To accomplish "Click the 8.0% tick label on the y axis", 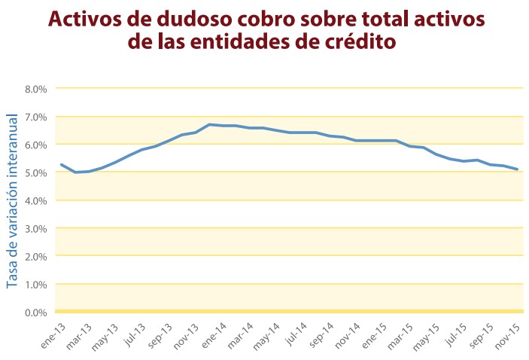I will coord(36,89).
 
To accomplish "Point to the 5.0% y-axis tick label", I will coord(36,172).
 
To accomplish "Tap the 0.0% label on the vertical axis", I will coord(36,312).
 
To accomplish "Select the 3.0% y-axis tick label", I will coord(36,228).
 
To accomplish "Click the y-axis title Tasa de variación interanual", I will coord(12,200).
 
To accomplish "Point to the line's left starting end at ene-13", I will coord(61,164).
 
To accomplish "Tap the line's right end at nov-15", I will coord(517,169).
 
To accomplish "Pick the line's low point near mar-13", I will coord(75,172).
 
